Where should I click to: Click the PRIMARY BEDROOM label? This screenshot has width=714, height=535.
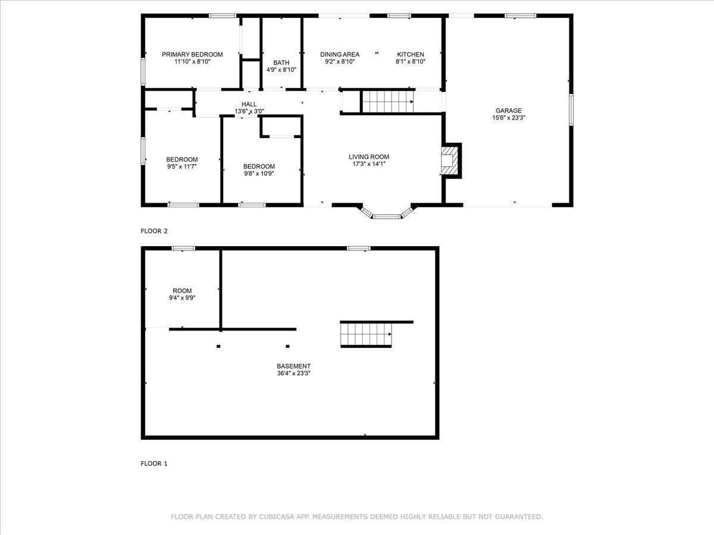[192, 55]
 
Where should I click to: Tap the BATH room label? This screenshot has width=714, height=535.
[281, 63]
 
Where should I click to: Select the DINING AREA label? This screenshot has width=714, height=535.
[340, 55]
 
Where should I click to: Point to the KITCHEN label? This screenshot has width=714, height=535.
[411, 55]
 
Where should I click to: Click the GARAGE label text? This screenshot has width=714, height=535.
[509, 111]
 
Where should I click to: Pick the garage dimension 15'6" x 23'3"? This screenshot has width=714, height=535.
[509, 118]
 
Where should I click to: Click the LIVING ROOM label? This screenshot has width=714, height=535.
[369, 157]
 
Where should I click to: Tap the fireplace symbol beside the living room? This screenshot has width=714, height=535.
[450, 160]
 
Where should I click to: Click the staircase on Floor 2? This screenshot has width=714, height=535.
[388, 102]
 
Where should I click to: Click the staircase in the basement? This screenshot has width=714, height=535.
[365, 334]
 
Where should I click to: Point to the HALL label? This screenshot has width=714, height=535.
[249, 104]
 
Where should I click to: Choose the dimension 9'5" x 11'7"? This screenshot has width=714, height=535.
[181, 167]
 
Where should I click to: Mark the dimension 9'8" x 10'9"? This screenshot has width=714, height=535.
[259, 174]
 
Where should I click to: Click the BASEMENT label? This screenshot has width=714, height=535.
[293, 366]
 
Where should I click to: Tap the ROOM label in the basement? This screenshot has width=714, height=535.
[182, 291]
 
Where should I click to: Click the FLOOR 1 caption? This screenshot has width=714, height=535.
[154, 464]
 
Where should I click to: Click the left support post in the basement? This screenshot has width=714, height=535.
[219, 346]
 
